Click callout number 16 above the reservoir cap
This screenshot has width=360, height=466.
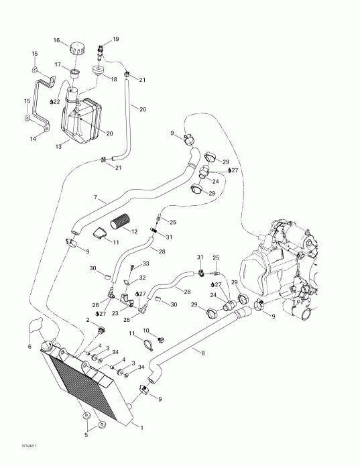click(57, 40)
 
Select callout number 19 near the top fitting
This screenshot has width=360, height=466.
click(115, 40)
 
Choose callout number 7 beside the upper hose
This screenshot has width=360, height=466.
click(96, 198)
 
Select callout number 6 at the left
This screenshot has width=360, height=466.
click(29, 346)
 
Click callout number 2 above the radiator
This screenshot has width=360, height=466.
click(88, 321)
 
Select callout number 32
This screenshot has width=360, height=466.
click(143, 277)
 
